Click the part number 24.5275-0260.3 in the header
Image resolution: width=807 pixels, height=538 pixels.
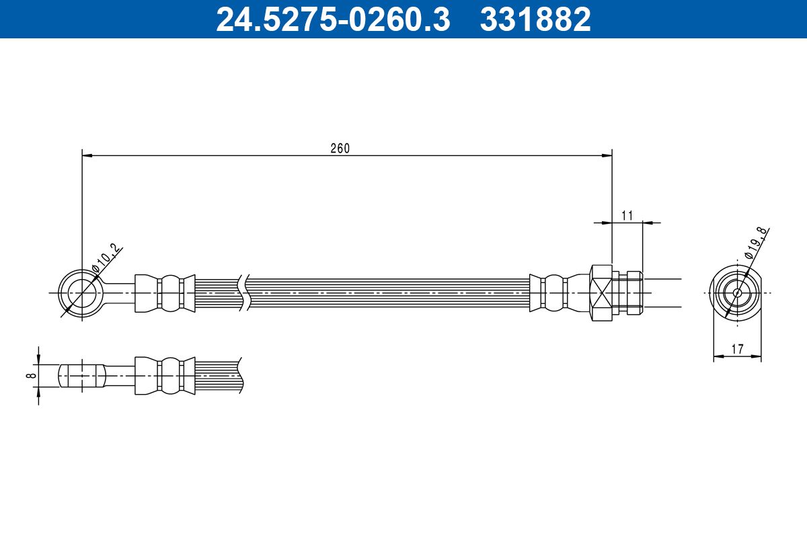click(332, 19)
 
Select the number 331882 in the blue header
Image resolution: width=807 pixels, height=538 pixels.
click(535, 19)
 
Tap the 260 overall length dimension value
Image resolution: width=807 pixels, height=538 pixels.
click(340, 149)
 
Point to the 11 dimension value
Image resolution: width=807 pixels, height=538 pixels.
click(627, 215)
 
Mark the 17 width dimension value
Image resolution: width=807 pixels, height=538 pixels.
click(737, 350)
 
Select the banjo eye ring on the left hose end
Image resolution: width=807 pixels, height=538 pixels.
click(81, 293)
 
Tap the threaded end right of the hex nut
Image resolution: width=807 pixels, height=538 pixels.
click(632, 293)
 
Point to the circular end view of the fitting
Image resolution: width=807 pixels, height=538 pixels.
click(737, 293)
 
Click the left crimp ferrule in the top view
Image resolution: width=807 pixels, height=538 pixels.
click(165, 293)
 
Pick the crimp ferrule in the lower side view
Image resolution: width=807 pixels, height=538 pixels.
click(165, 375)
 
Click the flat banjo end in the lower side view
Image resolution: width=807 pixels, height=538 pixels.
click(81, 375)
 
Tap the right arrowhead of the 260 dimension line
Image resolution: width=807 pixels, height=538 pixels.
click(607, 155)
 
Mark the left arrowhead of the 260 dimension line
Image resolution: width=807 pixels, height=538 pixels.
click(87, 155)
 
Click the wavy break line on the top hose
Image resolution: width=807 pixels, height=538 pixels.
click(244, 293)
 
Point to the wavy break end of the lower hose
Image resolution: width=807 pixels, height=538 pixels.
click(240, 375)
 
